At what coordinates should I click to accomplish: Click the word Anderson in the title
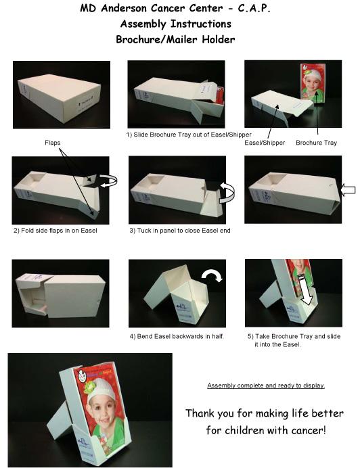[x=123, y=8]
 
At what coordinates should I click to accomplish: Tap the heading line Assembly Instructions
[x=176, y=24]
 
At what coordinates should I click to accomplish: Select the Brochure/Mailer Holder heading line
[x=175, y=39]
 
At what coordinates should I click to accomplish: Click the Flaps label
[x=53, y=143]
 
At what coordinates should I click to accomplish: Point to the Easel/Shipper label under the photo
[x=265, y=143]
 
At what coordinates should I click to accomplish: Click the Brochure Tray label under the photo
[x=316, y=143]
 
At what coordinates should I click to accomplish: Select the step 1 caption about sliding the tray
[x=189, y=135]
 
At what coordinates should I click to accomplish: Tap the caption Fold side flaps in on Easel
[x=55, y=231]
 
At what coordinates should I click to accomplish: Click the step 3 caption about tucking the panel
[x=180, y=231]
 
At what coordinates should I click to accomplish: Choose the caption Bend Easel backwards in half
[x=177, y=336]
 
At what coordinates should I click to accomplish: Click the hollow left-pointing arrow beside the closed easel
[x=348, y=190]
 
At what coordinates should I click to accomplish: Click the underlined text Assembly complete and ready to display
[x=266, y=385]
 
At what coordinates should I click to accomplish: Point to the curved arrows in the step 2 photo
[x=108, y=181]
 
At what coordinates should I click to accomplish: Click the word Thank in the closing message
[x=200, y=413]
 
